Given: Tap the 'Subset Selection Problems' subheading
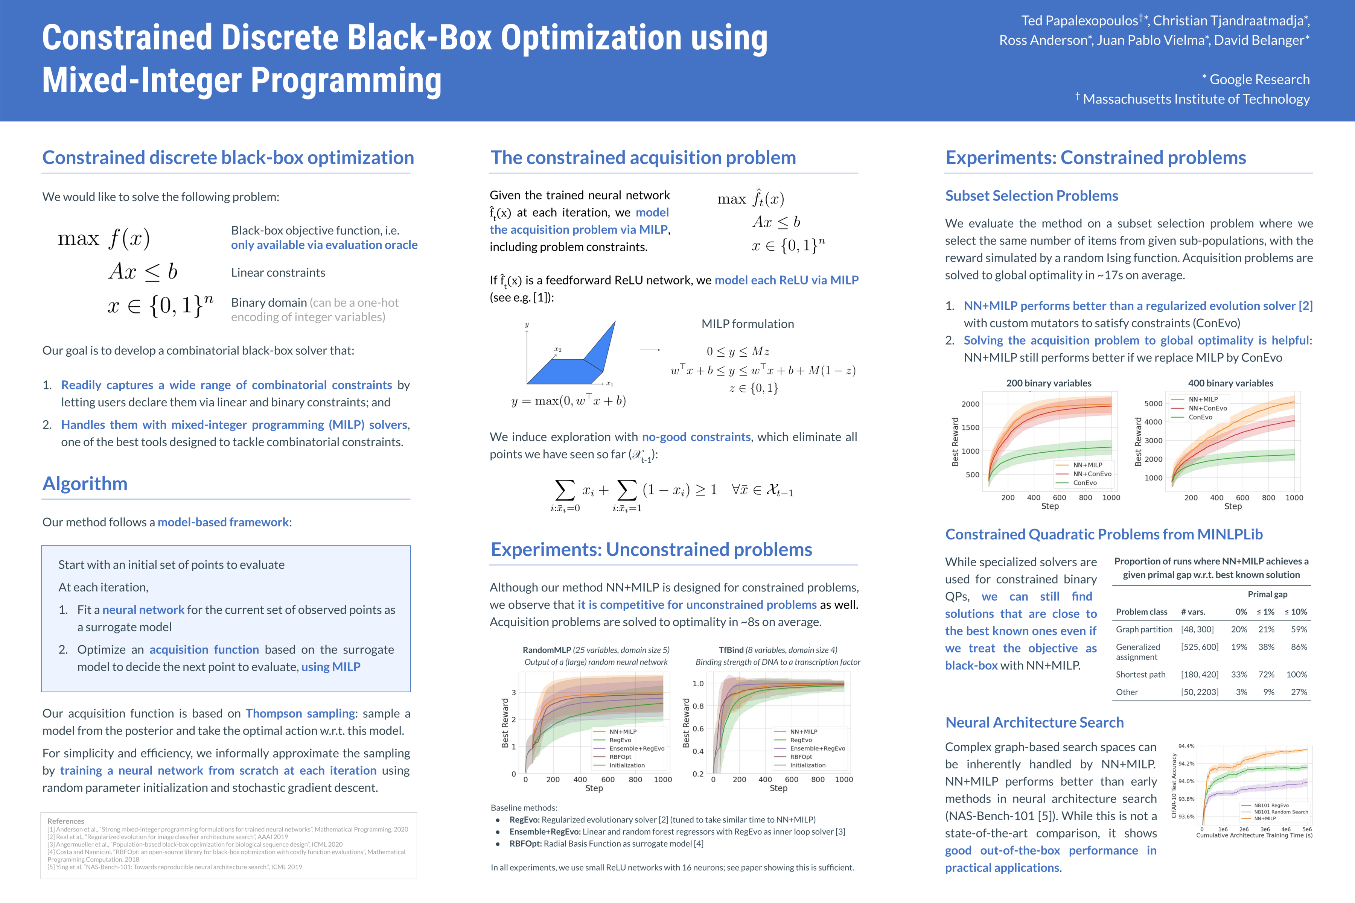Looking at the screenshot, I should click(x=1031, y=196).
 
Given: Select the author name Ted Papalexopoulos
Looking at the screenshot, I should click(x=1079, y=21).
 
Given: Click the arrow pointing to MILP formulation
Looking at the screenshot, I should click(x=650, y=350).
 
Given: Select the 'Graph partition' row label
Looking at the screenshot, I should click(x=1143, y=629).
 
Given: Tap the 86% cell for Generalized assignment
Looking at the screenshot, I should click(x=1299, y=647).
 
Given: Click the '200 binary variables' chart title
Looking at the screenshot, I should click(x=1049, y=383).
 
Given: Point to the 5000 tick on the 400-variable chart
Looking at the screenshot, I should click(x=1153, y=404).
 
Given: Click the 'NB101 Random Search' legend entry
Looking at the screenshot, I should click(x=1281, y=812).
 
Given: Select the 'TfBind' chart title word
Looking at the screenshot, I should click(x=731, y=650).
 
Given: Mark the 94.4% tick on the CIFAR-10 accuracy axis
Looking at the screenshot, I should click(x=1186, y=746).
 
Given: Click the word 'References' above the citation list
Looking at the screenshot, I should click(x=65, y=821).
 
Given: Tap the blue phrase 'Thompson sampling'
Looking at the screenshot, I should click(x=300, y=713).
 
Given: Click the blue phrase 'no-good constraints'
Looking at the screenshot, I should click(x=696, y=437).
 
